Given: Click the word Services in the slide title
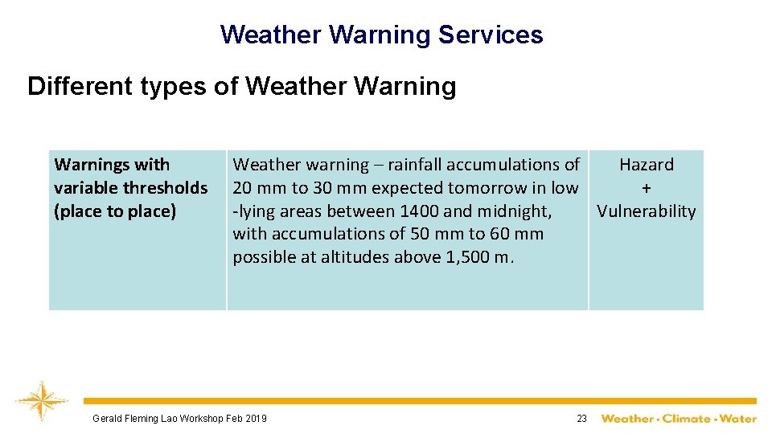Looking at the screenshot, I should coord(491,35).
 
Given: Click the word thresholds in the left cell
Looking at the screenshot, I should coord(168,188).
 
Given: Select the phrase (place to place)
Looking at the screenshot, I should coord(115,211).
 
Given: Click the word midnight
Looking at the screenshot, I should coord(516,211).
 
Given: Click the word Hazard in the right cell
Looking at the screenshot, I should coord(647,165).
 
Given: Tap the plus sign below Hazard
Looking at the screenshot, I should coord(647,188).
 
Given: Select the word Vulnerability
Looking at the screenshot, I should coord(647,211).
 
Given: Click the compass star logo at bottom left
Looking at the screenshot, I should coord(41,399).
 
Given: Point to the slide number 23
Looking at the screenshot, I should coord(581,419).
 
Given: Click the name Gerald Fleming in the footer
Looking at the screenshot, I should coord(129,419).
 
